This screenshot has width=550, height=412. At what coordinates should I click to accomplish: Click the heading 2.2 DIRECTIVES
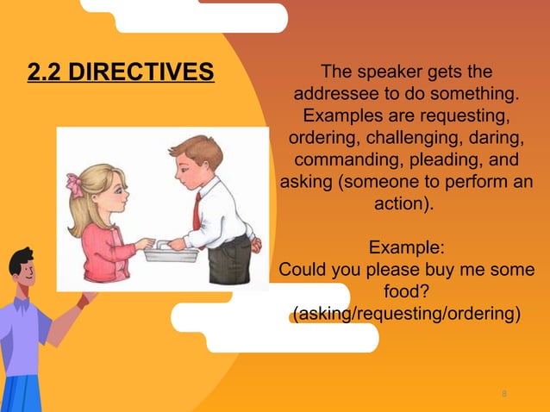121,72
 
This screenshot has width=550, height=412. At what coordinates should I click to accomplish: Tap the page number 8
503,394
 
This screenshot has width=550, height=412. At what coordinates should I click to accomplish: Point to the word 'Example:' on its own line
406,249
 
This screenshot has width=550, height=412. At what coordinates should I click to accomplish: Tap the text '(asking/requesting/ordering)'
407,315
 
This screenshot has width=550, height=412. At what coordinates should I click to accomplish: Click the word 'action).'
405,206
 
